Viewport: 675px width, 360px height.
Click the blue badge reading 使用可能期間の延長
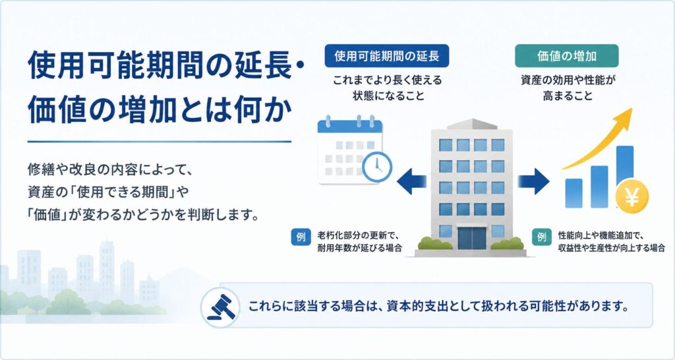(386, 55)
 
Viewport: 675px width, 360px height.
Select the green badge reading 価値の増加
(566, 55)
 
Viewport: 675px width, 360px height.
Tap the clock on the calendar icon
(377, 165)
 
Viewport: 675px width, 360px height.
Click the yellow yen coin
(632, 198)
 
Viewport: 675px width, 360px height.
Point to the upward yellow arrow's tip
(632, 109)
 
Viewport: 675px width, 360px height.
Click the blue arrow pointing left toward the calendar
(411, 181)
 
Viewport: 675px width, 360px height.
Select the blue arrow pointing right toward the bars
(533, 181)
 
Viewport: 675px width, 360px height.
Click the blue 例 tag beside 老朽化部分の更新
(301, 237)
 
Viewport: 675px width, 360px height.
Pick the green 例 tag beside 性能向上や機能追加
(542, 237)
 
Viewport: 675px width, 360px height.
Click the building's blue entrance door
(472, 238)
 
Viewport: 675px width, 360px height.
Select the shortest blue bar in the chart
(574, 193)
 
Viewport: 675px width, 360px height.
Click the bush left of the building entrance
(435, 244)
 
